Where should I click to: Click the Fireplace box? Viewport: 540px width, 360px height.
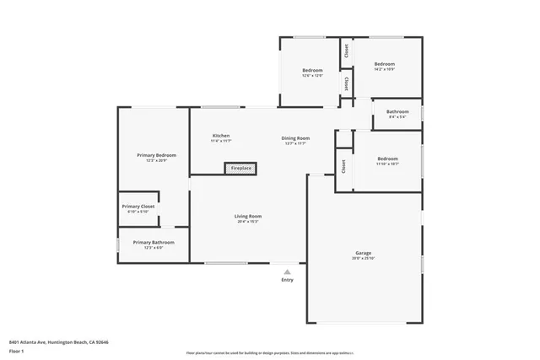point(241,169)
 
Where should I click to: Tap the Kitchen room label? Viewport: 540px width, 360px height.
point(221,136)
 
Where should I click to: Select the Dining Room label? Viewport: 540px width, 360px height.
point(295,138)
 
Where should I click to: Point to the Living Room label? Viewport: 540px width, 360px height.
point(248,216)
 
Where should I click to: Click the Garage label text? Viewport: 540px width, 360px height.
point(364,253)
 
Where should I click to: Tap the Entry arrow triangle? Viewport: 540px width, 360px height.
point(288,272)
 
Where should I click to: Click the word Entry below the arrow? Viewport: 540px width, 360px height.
point(288,280)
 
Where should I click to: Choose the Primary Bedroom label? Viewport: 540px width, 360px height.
point(156,155)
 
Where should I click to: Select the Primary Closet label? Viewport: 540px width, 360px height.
point(138,206)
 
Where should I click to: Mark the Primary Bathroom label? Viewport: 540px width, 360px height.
point(142,242)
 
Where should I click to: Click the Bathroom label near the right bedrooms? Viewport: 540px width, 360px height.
point(397,112)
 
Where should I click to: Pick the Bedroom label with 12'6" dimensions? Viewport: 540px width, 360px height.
point(312,70)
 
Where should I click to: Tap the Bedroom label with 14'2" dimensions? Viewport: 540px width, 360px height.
point(385,64)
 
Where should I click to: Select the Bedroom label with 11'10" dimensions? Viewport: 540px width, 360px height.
point(388,159)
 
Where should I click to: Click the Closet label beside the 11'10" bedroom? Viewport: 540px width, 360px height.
point(343,167)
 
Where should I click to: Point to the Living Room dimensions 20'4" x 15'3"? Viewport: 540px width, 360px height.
point(248,222)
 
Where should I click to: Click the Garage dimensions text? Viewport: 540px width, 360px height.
point(364,258)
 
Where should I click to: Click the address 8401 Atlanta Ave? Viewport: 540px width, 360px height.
point(59,342)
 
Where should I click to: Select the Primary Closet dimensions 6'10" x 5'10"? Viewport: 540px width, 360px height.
point(138,212)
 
